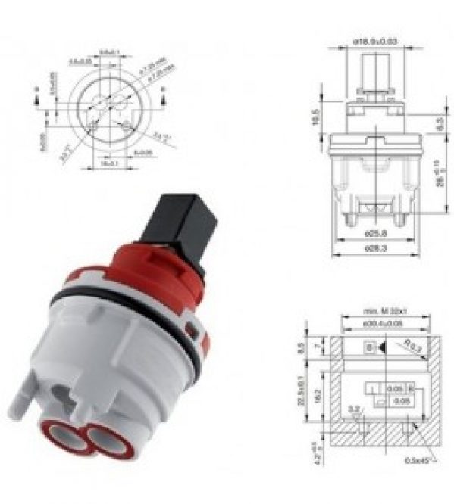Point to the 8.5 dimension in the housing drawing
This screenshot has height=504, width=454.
coord(303,349)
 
